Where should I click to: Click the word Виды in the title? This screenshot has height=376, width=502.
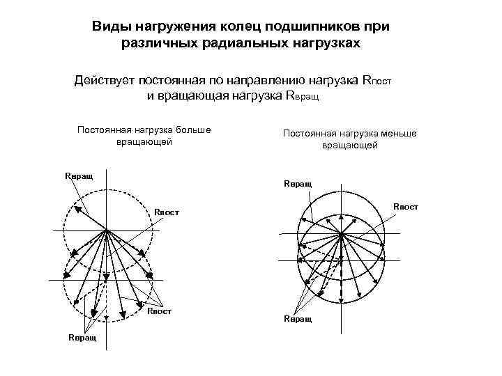tap(109, 27)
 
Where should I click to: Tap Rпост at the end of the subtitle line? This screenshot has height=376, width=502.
tap(378, 80)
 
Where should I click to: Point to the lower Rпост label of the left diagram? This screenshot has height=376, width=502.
tap(159, 311)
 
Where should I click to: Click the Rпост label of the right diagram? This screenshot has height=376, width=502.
tap(406, 206)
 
